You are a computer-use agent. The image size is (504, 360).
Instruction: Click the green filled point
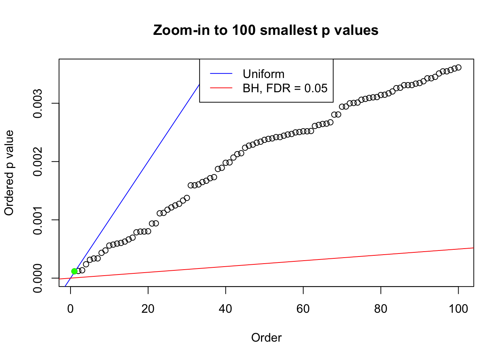[74, 271]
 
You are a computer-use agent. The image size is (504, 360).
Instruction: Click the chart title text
[265, 30]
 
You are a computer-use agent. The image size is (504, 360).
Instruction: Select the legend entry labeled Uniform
[263, 74]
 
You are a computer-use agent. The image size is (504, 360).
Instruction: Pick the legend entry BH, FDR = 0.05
[285, 88]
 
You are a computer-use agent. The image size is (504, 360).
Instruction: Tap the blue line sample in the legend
[221, 74]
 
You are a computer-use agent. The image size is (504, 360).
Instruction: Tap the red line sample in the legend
[221, 88]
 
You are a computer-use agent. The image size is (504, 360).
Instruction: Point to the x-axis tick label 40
[225, 309]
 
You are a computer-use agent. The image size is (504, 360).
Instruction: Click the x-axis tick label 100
[458, 309]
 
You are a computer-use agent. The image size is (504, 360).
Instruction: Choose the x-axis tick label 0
[70, 309]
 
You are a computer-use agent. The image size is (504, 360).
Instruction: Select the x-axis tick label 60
[303, 309]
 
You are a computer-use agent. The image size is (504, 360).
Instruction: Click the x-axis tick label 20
[148, 309]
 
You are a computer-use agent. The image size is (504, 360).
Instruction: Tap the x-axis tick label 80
[381, 309]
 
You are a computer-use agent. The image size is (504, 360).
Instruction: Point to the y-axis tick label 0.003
[38, 103]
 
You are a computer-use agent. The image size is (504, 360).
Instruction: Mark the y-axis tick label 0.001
[38, 220]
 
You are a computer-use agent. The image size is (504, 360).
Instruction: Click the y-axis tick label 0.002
[38, 162]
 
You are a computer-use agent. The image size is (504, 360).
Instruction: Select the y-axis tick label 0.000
[38, 278]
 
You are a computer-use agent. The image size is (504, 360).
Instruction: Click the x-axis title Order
[266, 337]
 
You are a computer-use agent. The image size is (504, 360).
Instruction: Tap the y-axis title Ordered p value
[9, 173]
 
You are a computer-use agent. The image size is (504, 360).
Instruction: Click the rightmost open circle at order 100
[458, 67]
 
